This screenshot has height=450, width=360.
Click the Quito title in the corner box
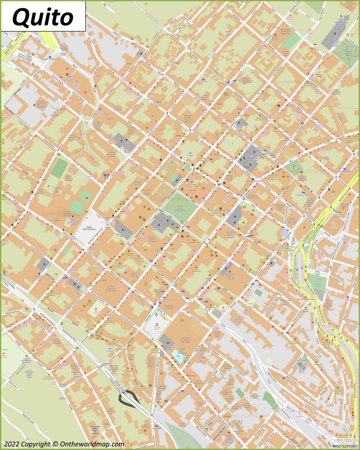click(x=43, y=17)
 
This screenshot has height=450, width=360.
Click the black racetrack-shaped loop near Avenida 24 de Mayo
click(x=128, y=397)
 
